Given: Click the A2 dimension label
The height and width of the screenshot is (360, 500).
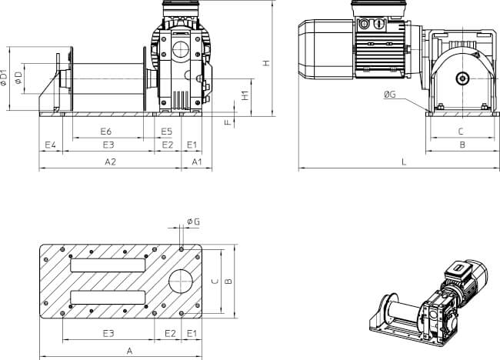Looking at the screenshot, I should (x=110, y=162).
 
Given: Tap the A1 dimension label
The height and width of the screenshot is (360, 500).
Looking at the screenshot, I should (x=196, y=162).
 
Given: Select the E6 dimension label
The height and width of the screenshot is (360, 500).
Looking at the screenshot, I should (x=107, y=132).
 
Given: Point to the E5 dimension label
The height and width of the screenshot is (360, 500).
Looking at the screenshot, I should (x=167, y=132).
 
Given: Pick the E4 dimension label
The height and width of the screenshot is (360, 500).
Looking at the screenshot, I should (x=51, y=145).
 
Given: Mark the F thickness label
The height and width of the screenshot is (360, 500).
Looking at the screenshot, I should (x=228, y=123).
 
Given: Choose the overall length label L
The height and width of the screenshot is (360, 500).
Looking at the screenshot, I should (x=403, y=162).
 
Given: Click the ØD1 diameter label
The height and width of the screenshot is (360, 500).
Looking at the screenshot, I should (x=5, y=77).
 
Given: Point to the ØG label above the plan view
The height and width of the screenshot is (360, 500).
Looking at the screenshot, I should (x=193, y=222).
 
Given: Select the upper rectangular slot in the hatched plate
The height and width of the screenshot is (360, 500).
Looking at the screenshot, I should (x=108, y=265).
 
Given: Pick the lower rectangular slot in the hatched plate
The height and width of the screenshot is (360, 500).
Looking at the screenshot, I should (x=108, y=298).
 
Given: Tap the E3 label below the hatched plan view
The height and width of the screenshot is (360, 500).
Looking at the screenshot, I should (x=108, y=334).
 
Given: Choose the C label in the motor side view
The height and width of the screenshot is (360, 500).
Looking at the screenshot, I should (x=460, y=132).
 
